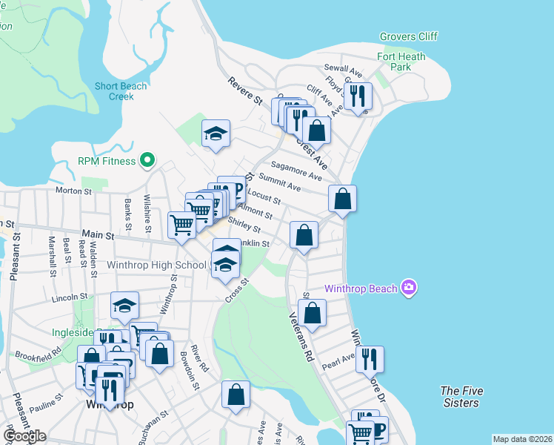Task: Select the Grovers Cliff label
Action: (408, 36)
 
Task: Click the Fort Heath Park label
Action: (404, 62)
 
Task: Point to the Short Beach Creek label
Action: (121, 91)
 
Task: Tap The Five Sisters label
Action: (459, 397)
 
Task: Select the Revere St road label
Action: (245, 92)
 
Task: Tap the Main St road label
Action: (99, 235)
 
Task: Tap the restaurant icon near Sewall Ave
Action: (358, 96)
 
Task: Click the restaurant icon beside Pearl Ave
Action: (370, 359)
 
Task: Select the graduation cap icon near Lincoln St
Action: (125, 306)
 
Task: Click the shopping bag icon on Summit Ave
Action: (343, 199)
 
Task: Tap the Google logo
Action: (24, 435)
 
